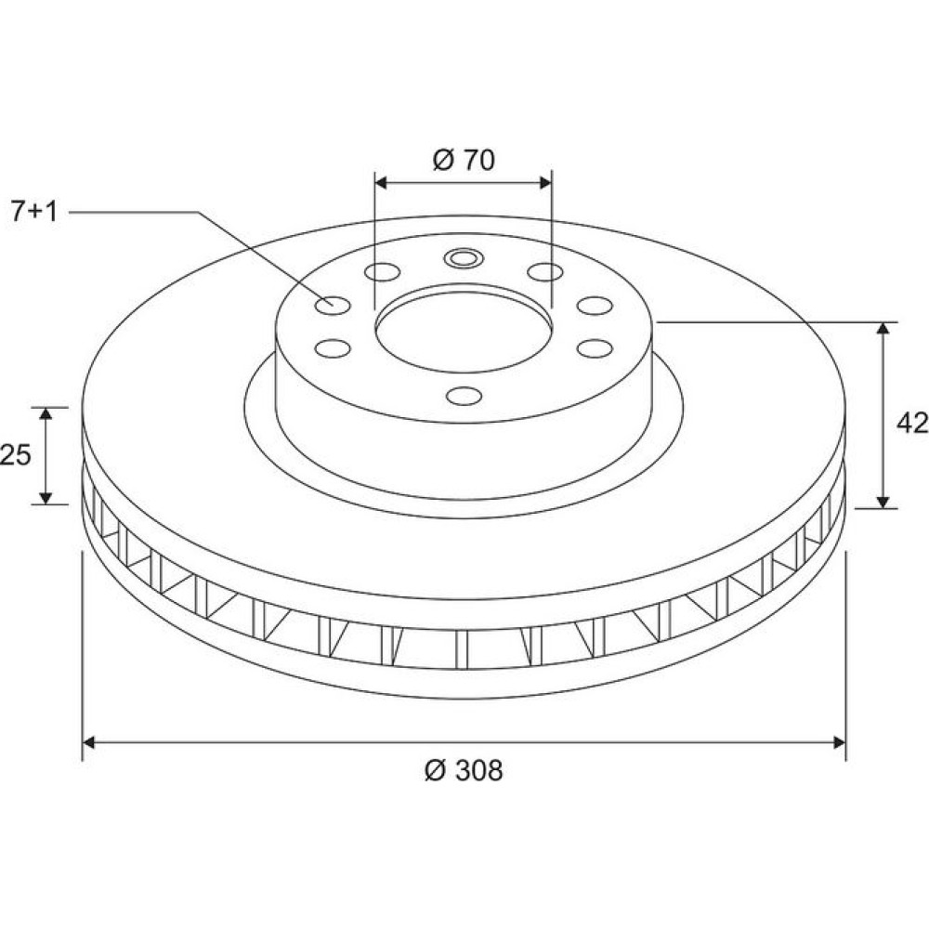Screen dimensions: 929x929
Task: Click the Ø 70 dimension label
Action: coord(464,160)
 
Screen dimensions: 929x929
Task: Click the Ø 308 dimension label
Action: coord(464,770)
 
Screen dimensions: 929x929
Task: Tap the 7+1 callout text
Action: coord(34,212)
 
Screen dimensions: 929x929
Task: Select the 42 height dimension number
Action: coord(912,423)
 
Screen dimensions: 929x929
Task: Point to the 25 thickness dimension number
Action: coord(15,455)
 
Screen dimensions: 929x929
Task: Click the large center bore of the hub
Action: coord(464,330)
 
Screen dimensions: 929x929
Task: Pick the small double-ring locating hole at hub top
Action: coord(464,258)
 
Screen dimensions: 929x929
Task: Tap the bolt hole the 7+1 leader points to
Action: coord(333,305)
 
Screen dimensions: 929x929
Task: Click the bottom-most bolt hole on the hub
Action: coord(464,395)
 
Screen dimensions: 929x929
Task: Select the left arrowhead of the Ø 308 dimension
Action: coord(89,742)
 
